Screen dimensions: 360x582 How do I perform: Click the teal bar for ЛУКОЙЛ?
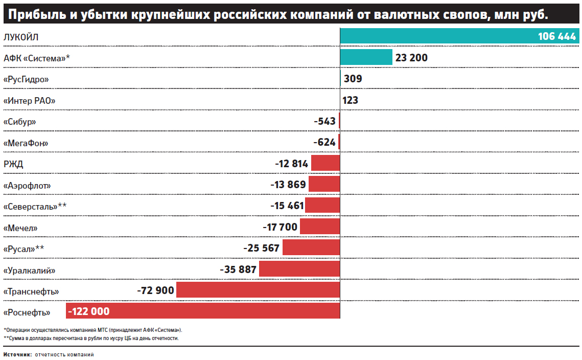click(x=434, y=36)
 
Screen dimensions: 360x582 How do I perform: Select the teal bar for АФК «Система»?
click(x=366, y=57)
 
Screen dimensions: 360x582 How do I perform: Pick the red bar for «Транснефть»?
click(x=258, y=290)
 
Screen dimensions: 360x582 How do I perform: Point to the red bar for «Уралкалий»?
click(x=299, y=269)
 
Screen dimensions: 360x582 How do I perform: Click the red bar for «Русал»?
click(x=311, y=248)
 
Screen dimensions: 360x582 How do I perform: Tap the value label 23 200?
click(x=411, y=58)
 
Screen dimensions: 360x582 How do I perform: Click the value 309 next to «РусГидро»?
click(x=353, y=79)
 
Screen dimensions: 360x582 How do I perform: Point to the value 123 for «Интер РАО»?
click(x=351, y=100)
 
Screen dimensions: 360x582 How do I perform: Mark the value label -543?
click(x=325, y=121)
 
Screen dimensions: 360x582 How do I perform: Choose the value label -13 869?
click(x=288, y=185)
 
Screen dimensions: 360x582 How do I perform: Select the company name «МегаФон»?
click(x=29, y=143)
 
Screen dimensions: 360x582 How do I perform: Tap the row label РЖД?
click(x=13, y=164)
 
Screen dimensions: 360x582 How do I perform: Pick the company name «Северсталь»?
click(x=35, y=206)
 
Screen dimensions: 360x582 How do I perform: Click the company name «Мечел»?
click(x=20, y=228)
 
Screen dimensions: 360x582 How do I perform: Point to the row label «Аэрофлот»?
click(x=27, y=185)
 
